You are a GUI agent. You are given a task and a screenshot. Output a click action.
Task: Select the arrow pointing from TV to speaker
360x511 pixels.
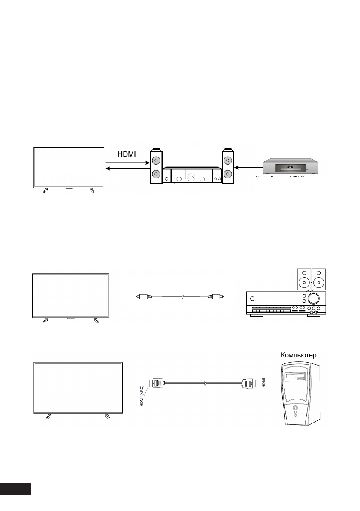(x=126, y=163)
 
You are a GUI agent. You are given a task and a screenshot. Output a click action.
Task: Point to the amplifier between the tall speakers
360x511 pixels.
(x=191, y=176)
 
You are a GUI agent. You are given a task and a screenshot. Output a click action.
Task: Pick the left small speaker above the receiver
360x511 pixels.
(x=304, y=279)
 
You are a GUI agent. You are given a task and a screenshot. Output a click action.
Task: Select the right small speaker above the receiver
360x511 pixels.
(x=319, y=279)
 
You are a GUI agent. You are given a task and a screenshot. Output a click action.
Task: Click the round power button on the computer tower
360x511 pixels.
(x=295, y=408)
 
